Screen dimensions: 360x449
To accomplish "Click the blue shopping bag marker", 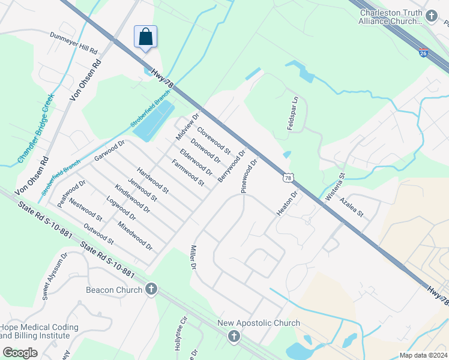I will (x=145, y=37).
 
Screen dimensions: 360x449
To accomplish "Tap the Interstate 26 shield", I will (x=424, y=53).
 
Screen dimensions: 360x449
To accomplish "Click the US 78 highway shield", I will (x=289, y=178).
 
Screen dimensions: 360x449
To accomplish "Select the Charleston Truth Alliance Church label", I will (x=391, y=16).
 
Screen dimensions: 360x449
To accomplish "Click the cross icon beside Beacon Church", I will (x=151, y=290).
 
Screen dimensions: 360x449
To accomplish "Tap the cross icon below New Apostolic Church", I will (x=234, y=337).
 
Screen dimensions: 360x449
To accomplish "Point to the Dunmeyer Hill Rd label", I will (x=73, y=42).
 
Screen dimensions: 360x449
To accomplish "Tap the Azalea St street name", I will (x=352, y=206).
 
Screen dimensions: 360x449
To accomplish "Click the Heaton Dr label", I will (x=288, y=204).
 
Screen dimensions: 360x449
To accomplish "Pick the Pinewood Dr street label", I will (x=250, y=175).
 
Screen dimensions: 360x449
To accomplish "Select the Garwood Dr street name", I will (x=109, y=151).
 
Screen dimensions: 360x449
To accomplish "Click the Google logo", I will (x=20, y=352).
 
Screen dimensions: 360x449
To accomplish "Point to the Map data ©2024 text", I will (x=423, y=355).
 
